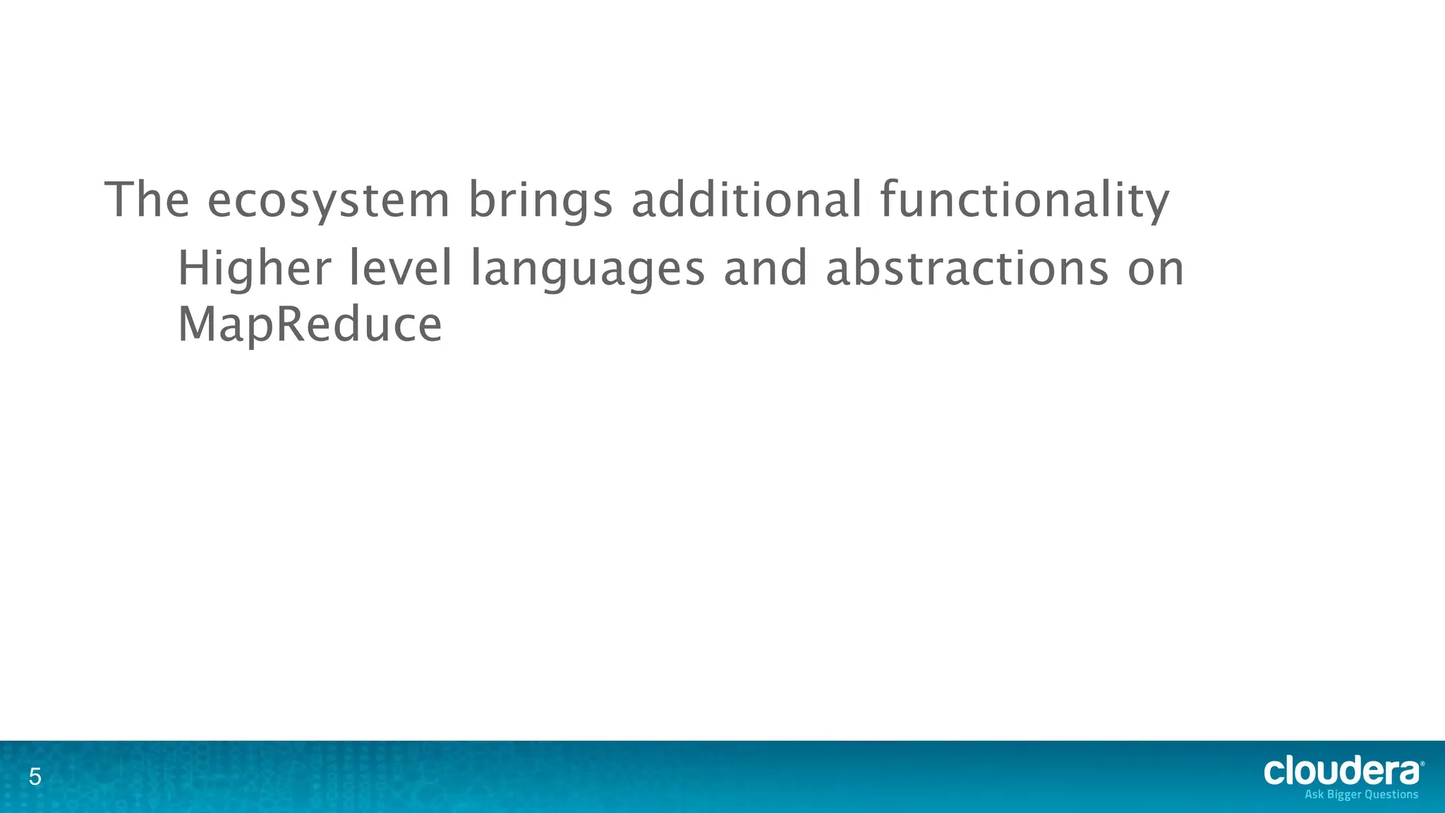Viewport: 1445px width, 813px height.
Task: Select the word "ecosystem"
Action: (x=328, y=201)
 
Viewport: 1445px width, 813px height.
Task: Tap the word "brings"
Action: (x=540, y=201)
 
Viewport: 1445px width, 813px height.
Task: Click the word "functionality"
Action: (x=1024, y=201)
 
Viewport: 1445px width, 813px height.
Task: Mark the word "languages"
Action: (x=587, y=270)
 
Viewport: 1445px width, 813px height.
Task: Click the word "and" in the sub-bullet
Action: (x=766, y=269)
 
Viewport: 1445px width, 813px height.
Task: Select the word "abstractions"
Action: (x=967, y=269)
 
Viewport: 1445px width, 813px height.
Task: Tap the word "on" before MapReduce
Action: (x=1156, y=270)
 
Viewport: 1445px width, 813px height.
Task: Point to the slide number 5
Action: (x=35, y=778)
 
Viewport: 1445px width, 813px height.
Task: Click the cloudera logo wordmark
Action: (x=1341, y=771)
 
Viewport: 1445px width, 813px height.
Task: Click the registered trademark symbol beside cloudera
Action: (x=1422, y=764)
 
